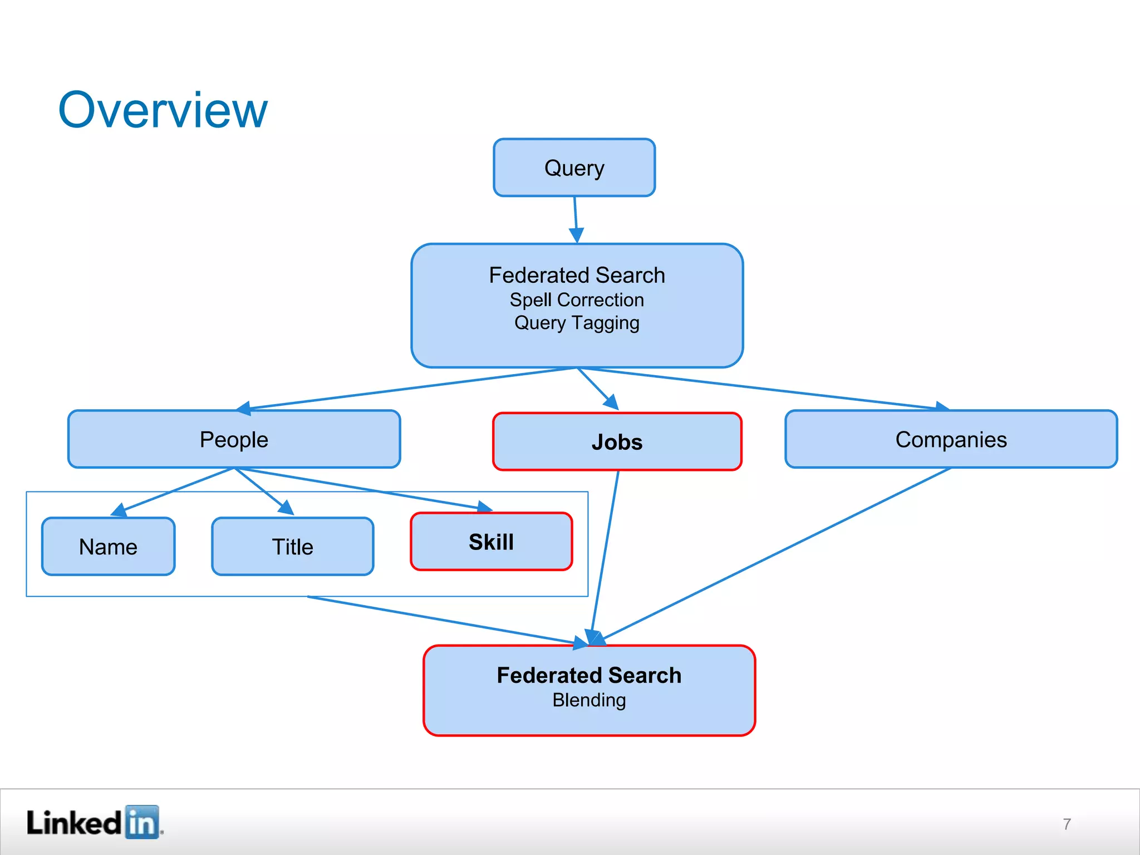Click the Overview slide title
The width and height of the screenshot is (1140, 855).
[x=163, y=110]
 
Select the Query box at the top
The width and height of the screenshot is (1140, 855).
[x=574, y=168]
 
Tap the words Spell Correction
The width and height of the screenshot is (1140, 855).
[x=577, y=300]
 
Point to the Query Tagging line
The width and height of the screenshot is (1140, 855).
[x=577, y=323]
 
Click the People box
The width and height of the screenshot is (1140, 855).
[x=234, y=439]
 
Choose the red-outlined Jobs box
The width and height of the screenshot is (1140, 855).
[x=617, y=442]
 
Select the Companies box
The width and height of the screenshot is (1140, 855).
[x=951, y=439]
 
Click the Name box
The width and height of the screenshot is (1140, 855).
[x=109, y=547]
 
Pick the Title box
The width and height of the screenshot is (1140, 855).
[x=292, y=547]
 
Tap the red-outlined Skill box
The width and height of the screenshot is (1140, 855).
[x=491, y=542]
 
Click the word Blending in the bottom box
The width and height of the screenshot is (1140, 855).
[x=589, y=700]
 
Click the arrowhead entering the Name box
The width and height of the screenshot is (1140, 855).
[x=118, y=510]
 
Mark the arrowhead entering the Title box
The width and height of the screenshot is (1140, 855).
[x=287, y=508]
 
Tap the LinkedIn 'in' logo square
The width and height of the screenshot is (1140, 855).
[x=142, y=822]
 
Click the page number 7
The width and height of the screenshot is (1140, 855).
[x=1067, y=824]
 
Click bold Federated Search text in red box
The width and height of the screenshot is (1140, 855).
[x=589, y=675]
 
